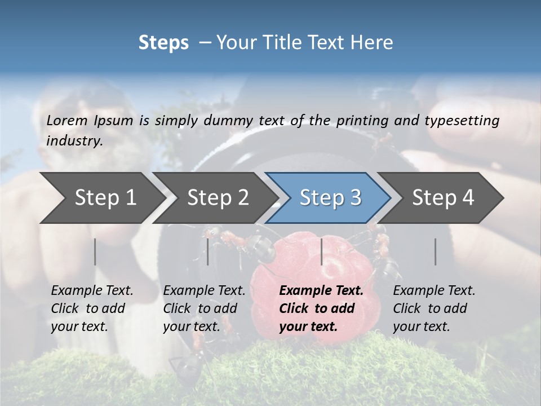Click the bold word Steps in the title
tap(163, 43)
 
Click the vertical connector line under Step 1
tap(95, 251)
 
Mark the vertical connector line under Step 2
tap(208, 251)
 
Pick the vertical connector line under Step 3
tap(321, 251)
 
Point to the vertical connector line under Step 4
tap(435, 251)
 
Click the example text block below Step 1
tap(92, 308)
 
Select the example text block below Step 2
tap(204, 308)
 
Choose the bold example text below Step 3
tap(321, 308)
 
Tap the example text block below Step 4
tap(434, 308)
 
